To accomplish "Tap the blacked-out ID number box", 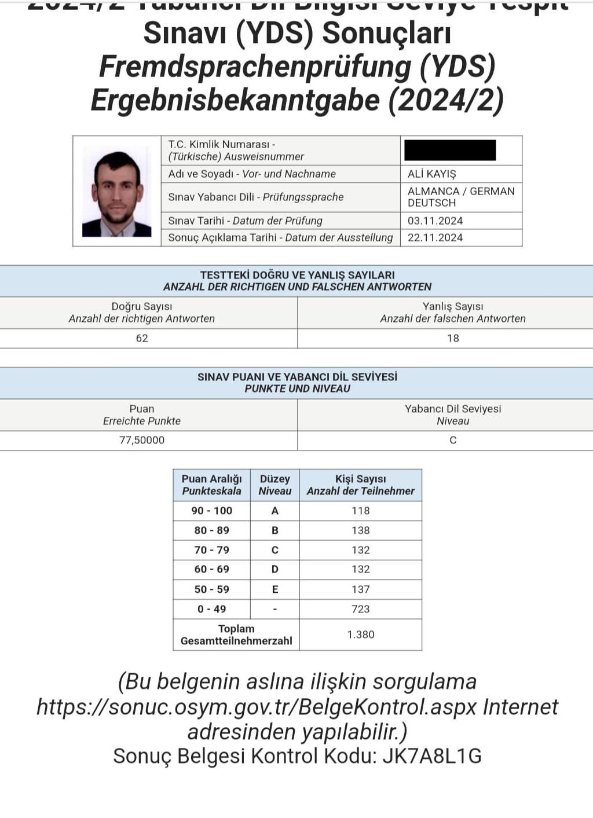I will [450, 151].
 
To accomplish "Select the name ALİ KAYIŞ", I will [431, 174].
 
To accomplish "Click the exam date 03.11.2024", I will [435, 221].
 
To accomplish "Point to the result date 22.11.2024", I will [435, 237].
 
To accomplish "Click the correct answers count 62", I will [142, 339].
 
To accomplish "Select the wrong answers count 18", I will [453, 339].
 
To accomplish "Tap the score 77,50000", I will [142, 440].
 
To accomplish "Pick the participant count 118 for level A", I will [360, 511].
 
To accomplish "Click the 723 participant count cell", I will [360, 609].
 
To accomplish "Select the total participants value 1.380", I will [360, 634].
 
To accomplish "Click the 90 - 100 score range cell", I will [211, 511].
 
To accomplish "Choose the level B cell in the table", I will [274, 530].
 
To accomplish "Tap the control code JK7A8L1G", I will [432, 756].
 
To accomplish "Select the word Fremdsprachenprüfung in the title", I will [255, 67].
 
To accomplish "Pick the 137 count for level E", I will [360, 589].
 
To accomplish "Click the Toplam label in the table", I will [236, 629].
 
